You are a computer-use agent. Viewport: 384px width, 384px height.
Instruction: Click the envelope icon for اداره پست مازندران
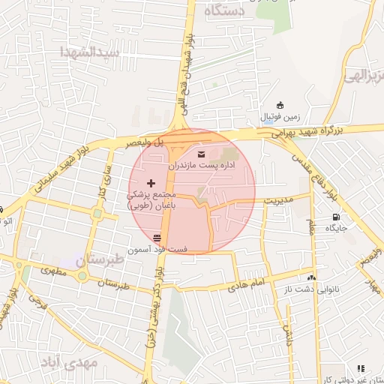pyautogui.click(x=200, y=154)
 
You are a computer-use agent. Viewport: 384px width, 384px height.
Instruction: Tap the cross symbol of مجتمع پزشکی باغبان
pyautogui.click(x=151, y=183)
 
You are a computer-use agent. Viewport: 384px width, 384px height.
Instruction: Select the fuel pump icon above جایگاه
pyautogui.click(x=334, y=218)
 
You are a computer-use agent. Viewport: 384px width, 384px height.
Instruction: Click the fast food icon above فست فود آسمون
pyautogui.click(x=156, y=238)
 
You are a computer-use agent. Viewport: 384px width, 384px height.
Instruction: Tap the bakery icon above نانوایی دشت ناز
pyautogui.click(x=311, y=276)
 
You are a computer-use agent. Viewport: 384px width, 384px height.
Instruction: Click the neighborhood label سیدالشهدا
pyautogui.click(x=91, y=52)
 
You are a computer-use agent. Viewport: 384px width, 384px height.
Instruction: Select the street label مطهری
pyautogui.click(x=55, y=273)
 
